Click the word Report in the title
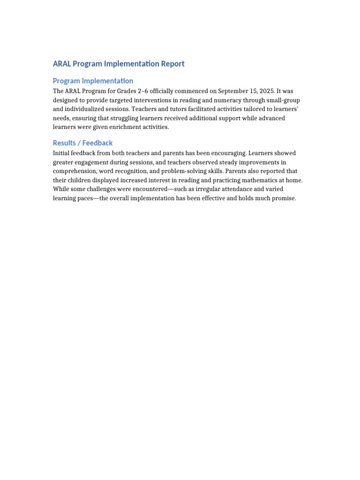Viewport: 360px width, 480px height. click(x=172, y=64)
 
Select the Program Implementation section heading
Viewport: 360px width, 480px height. click(x=93, y=81)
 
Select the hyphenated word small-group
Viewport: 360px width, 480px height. click(x=283, y=100)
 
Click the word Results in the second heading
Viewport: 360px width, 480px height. click(x=65, y=143)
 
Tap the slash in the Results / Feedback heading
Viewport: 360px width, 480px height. click(x=80, y=143)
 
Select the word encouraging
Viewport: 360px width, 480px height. click(x=227, y=153)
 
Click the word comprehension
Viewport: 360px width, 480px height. click(x=75, y=171)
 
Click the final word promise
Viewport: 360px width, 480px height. click(x=283, y=198)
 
